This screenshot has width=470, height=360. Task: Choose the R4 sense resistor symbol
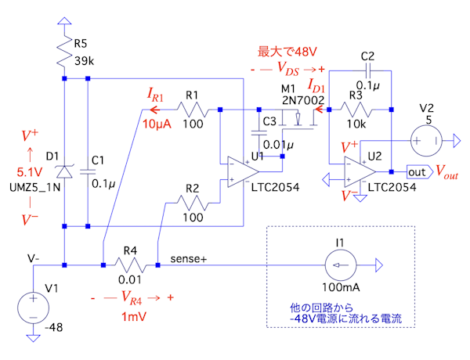(x=130, y=265)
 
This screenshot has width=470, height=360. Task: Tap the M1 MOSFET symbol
(x=301, y=118)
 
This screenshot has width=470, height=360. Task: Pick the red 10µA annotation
(x=156, y=123)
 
